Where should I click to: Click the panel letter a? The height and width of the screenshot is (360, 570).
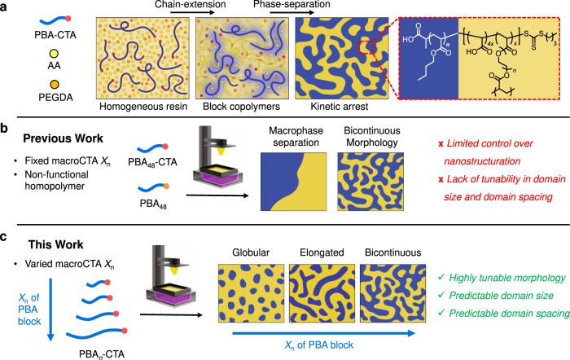[6, 7]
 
